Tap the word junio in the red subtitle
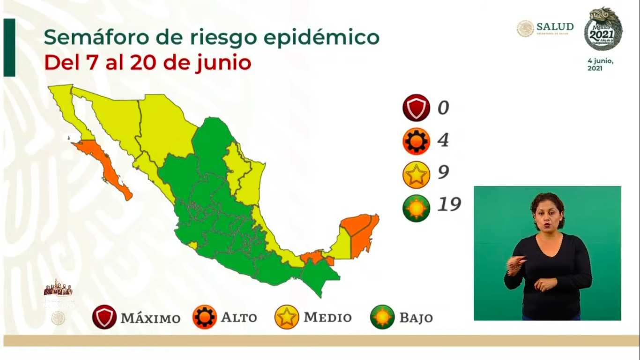point(223,63)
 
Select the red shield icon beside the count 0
point(416,108)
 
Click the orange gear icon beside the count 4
point(416,141)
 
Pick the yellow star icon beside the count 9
point(416,174)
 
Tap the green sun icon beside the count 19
point(416,208)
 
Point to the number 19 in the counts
point(449,204)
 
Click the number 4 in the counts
point(443,140)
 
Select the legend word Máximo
point(150,318)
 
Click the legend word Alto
point(239,317)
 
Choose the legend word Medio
point(327,317)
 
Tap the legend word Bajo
point(416,318)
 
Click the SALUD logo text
point(555,27)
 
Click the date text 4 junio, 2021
point(600,65)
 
